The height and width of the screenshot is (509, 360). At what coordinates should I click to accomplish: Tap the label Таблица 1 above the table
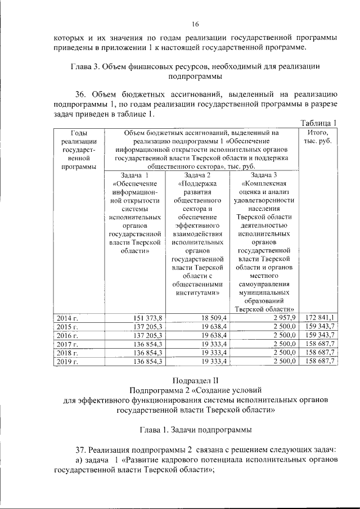pos(318,123)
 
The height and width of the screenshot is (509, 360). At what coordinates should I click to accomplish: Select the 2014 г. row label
pos(67,318)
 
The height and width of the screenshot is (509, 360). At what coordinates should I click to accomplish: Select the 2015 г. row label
pos(67,326)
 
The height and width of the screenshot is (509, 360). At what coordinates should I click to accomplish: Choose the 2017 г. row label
pos(67,344)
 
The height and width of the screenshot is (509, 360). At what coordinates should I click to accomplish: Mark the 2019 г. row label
pos(67,361)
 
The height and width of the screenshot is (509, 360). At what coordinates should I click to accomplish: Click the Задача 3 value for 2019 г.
pos(284,361)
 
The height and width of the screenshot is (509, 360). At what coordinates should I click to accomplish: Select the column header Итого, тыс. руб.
pos(318,136)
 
